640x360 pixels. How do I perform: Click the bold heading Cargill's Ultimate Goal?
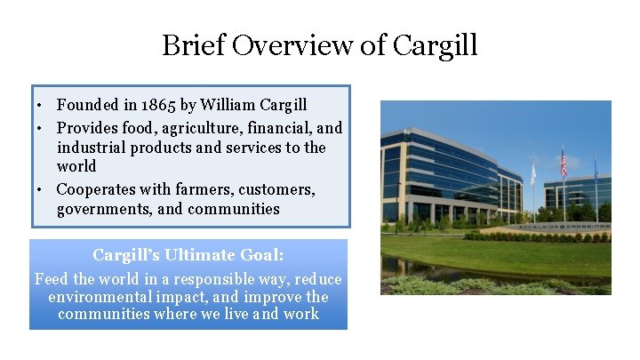[188, 255]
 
